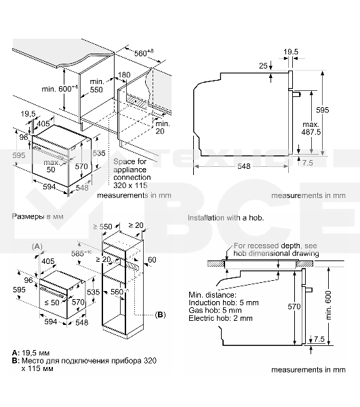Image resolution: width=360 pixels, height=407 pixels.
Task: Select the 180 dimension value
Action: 123,75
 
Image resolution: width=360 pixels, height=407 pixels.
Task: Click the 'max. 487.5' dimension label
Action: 311,129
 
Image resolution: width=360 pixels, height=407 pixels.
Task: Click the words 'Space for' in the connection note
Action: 129,162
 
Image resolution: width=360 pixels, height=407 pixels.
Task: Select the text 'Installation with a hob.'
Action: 225,218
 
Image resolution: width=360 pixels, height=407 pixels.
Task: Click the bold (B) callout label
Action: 160,315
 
